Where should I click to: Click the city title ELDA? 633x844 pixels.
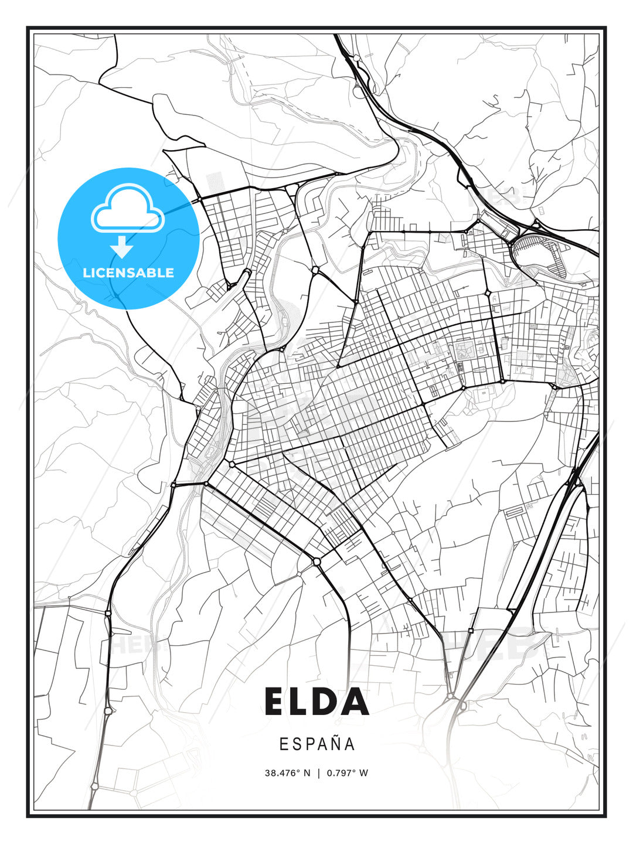[316, 702]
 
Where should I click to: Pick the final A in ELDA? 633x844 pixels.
[356, 702]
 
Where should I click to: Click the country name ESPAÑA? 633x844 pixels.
[316, 744]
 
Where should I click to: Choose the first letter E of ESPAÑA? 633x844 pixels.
[284, 744]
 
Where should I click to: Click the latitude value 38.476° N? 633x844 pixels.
[288, 773]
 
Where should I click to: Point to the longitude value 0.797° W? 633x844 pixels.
[347, 773]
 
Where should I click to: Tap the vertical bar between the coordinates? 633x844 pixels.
[318, 773]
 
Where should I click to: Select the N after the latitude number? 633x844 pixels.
[307, 773]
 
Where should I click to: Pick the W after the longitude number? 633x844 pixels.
[364, 773]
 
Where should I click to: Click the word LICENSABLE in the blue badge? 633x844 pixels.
[128, 273]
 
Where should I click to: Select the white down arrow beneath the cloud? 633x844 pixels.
[122, 247]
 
